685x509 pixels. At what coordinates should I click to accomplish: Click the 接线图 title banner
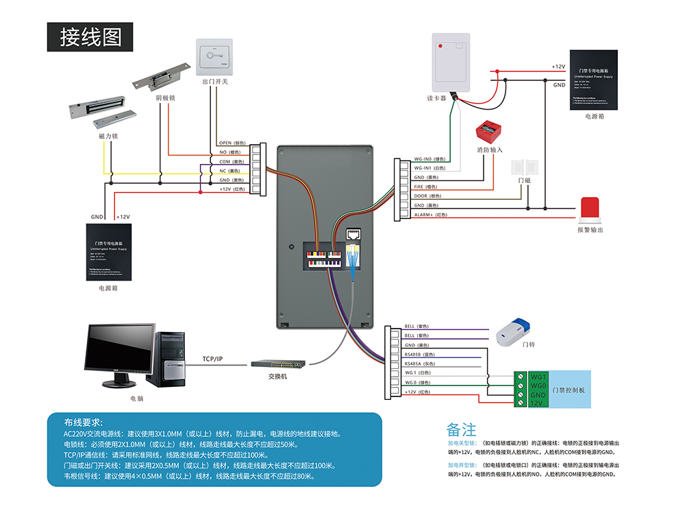point(90,37)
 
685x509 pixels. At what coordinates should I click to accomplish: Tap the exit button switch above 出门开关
point(215,57)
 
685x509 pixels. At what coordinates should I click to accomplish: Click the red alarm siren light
point(590,210)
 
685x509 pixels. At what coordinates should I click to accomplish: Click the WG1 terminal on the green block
point(538,377)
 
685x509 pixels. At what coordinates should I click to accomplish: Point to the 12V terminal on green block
point(538,404)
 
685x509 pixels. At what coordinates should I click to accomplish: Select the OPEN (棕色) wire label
point(231,143)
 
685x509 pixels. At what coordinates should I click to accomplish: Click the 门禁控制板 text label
point(569,390)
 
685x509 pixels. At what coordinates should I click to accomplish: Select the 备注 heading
point(461,429)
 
